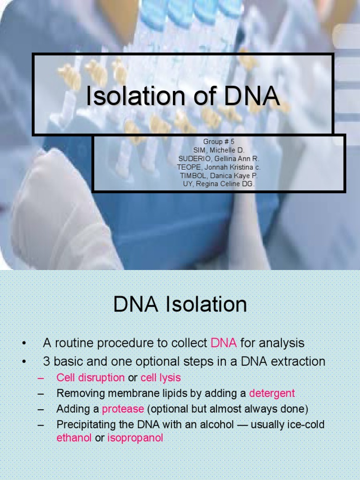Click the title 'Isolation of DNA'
tap(182, 97)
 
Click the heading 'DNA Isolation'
tap(180, 305)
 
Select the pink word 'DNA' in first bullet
tap(224, 343)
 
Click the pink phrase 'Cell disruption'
tap(90, 377)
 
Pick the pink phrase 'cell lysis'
tap(160, 377)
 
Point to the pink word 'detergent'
tap(272, 393)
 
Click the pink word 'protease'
tap(123, 409)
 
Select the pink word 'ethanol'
tap(74, 439)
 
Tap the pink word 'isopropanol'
tap(135, 439)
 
